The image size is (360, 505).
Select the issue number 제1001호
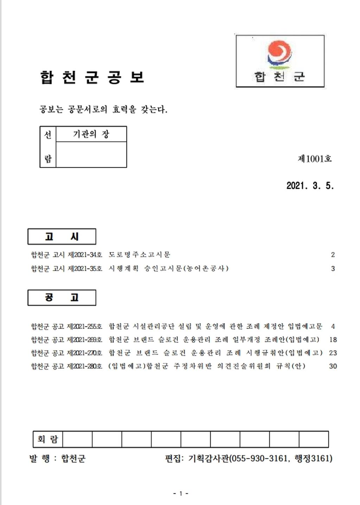tap(315, 159)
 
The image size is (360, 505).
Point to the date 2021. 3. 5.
tap(310, 186)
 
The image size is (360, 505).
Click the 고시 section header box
tap(62, 237)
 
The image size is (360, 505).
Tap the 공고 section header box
tap(62, 298)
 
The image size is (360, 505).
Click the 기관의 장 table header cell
tap(91, 134)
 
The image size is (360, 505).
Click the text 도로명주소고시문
tap(140, 255)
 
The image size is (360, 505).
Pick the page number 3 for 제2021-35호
tap(333, 269)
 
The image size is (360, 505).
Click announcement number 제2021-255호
tap(84, 326)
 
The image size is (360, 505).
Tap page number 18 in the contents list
tap(333, 340)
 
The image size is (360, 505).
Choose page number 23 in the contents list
tap(333, 353)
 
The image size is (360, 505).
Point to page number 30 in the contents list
tap(333, 366)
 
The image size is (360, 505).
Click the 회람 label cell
tap(47, 439)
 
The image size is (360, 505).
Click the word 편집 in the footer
tap(173, 458)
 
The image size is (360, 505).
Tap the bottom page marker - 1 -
tap(181, 493)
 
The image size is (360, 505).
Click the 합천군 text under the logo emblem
tap(279, 77)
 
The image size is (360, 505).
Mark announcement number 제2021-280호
tap(84, 366)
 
